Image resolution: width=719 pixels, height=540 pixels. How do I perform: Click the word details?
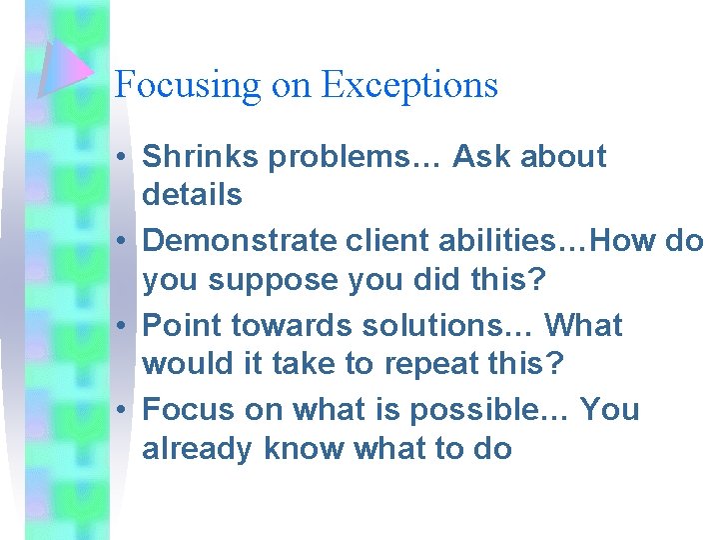coord(192,194)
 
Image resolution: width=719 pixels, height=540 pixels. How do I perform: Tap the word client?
coord(386,241)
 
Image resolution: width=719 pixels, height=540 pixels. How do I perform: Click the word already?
coord(198,450)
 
